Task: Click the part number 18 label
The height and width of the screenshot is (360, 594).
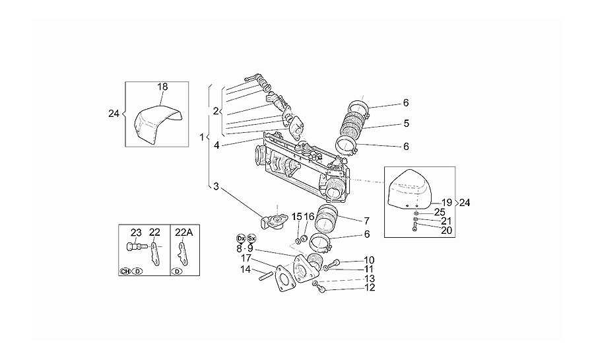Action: coord(162,87)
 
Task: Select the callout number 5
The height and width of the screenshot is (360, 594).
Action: coord(406,123)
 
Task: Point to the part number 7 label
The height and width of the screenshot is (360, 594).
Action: coord(366,221)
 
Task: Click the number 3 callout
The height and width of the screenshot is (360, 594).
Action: coord(216,186)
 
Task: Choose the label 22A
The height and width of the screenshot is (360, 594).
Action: coord(183,233)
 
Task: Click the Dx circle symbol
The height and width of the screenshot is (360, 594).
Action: coord(240,238)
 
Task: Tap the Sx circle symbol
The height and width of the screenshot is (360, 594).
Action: coord(251,238)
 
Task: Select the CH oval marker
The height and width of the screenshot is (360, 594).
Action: coord(125,271)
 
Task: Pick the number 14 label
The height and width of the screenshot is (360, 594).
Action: coord(246,270)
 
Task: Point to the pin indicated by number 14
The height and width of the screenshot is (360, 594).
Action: coord(267,277)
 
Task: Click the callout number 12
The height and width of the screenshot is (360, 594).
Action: coord(370,287)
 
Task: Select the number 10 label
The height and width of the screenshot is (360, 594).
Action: coord(369,260)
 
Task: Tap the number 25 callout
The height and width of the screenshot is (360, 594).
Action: coord(439,212)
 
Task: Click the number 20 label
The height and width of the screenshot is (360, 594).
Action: coord(447,230)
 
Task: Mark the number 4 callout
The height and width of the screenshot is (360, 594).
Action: coord(216,145)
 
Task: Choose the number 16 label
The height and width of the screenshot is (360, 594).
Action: coord(310,217)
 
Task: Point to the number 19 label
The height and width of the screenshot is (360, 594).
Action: coord(447,203)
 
